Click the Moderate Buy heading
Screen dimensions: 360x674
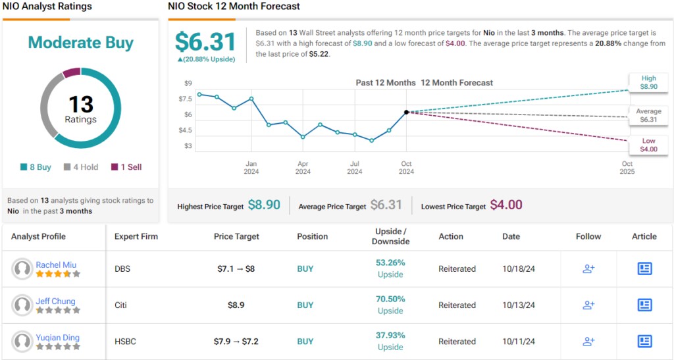pos(80,43)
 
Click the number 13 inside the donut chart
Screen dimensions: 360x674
pos(80,104)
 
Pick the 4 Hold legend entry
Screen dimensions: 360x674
pos(81,167)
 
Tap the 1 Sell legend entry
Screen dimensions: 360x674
pos(126,167)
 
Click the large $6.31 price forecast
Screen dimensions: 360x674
pos(205,42)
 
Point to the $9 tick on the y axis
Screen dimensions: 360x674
pos(188,83)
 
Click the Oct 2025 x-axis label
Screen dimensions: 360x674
pos(627,168)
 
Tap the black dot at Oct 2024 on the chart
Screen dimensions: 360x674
pos(407,113)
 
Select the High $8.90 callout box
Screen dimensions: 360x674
pos(648,82)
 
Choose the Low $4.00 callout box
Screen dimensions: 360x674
pos(648,145)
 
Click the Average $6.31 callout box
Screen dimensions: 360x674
pos(648,115)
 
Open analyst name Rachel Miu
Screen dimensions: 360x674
pos(56,265)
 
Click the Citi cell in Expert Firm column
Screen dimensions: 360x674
pos(121,305)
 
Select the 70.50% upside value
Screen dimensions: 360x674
pos(390,299)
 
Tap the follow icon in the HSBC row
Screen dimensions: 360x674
pos(588,342)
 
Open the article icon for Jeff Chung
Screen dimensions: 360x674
pos(644,305)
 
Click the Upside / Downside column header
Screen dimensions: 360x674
pos(390,236)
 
